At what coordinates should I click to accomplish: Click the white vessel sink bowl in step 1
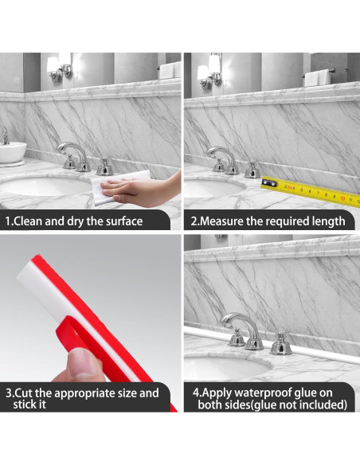12,152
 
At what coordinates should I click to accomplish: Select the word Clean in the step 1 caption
28,221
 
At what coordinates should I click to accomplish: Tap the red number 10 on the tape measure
342,198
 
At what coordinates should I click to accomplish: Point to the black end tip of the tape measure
269,183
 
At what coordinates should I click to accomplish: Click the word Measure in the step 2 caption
221,221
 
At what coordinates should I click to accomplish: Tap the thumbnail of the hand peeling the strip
84,364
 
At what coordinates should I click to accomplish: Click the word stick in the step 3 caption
25,404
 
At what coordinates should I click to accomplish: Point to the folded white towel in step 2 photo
317,78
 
